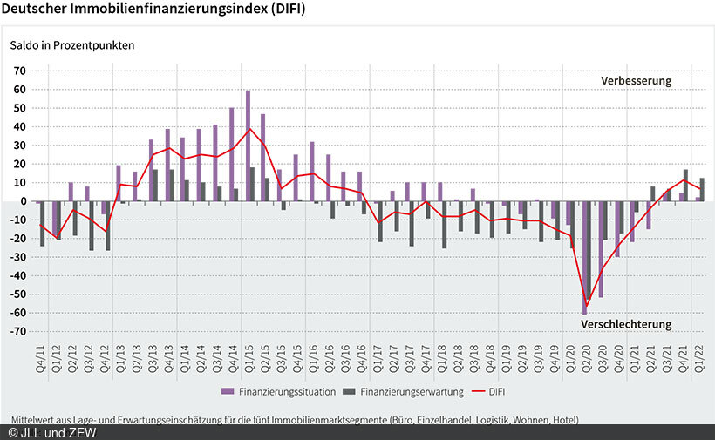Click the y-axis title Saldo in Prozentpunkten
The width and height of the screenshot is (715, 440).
(x=71, y=44)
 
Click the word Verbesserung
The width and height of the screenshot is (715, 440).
(x=636, y=81)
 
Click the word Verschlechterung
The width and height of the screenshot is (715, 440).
(x=626, y=324)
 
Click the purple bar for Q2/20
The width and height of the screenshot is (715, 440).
(x=583, y=258)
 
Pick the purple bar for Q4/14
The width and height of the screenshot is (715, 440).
(x=231, y=154)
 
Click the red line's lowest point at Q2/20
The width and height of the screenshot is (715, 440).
(x=587, y=303)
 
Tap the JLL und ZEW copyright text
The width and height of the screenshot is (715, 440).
(x=52, y=432)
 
